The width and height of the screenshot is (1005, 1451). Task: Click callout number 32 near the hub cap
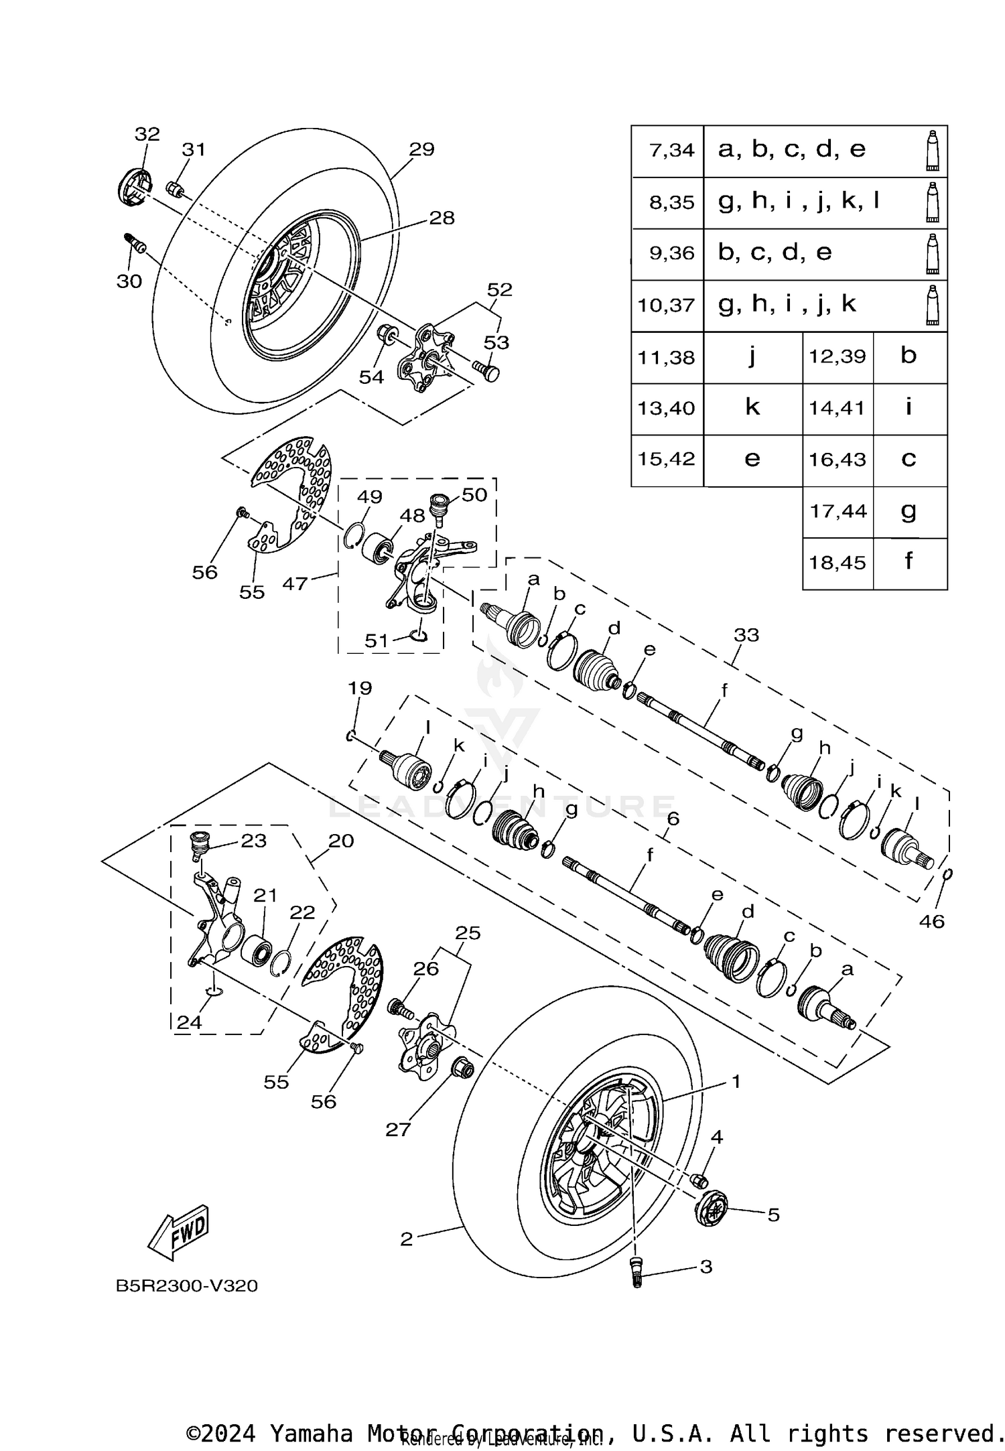(147, 134)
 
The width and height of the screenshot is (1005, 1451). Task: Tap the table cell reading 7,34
(667, 150)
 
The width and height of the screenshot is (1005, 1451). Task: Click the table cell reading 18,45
(837, 563)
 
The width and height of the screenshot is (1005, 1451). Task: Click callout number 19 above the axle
(360, 688)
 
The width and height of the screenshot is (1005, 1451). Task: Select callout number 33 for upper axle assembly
(746, 634)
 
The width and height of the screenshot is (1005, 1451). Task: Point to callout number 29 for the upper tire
(421, 149)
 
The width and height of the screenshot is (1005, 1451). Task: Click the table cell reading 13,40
(667, 408)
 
